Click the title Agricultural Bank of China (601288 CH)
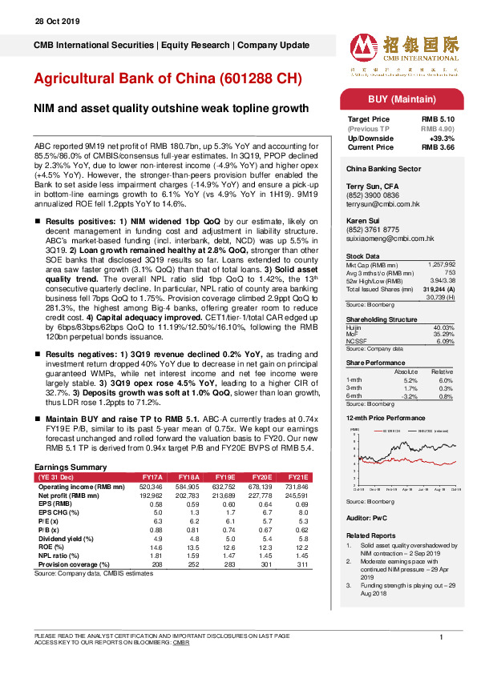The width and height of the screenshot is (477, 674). (168, 79)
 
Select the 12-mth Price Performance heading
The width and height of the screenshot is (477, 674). (385, 418)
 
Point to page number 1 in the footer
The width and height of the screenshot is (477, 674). (442, 636)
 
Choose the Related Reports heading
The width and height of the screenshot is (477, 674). (370, 535)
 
